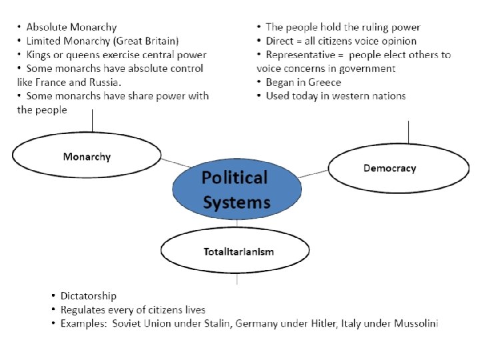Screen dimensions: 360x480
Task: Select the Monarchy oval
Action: (87, 157)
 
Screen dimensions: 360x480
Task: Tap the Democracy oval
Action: (389, 168)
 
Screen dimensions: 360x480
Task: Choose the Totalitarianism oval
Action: (235, 251)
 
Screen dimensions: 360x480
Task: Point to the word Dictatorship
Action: (88, 295)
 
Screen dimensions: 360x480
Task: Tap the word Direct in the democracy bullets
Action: (280, 41)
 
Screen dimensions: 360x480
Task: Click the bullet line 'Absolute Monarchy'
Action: (71, 27)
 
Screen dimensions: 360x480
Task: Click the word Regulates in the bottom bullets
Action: (85, 310)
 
